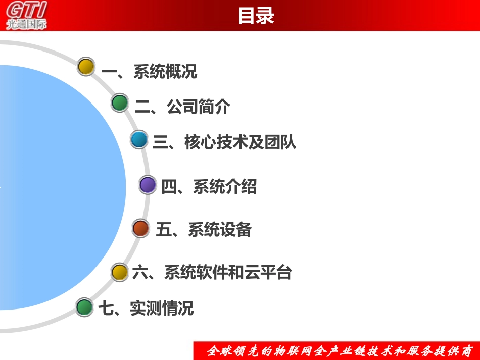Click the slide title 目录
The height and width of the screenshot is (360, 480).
(256, 16)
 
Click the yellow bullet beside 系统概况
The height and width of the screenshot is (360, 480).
(86, 67)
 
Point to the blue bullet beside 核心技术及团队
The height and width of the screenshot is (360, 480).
(138, 140)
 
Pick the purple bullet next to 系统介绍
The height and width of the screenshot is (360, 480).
(148, 185)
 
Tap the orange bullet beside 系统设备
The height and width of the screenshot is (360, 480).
(141, 228)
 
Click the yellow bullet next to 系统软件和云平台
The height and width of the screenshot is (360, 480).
(120, 272)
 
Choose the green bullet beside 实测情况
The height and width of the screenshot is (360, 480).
(84, 307)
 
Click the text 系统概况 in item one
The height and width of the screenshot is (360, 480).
(165, 72)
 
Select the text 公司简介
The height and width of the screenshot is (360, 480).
(199, 107)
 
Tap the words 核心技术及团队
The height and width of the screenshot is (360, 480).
(241, 143)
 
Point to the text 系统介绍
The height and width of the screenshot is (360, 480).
(225, 187)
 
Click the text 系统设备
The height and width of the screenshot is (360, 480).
(220, 230)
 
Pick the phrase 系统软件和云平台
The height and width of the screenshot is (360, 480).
(228, 273)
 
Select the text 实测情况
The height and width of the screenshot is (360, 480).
(162, 308)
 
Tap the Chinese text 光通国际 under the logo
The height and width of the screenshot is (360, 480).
(26, 24)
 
